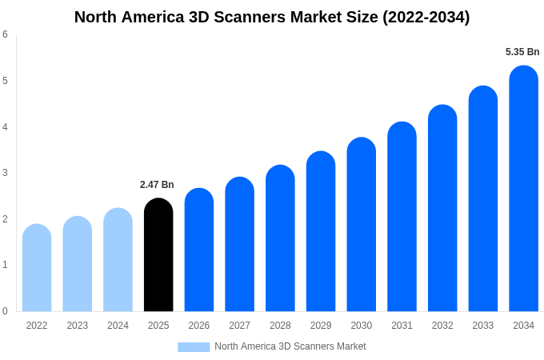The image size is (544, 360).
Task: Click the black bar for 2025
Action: tap(158, 256)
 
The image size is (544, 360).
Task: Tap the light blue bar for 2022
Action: tap(37, 269)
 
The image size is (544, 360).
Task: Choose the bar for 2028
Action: tap(280, 239)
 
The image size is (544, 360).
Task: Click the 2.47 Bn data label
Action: tap(157, 185)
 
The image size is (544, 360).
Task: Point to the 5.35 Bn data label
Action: tap(522, 52)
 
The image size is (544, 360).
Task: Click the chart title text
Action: tap(272, 17)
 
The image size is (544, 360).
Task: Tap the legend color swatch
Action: tap(194, 347)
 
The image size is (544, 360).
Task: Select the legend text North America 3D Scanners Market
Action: tap(290, 346)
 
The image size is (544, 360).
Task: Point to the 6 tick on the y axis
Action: tap(5, 34)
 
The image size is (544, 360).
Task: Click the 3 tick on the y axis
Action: tap(5, 173)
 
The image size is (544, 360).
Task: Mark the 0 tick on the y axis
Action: tap(5, 311)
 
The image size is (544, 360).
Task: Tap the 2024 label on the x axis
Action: tap(118, 326)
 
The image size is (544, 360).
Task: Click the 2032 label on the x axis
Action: tap(442, 326)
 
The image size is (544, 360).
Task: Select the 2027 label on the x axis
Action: tap(239, 326)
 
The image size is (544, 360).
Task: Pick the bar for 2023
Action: tap(78, 265)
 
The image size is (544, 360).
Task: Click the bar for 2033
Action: tap(483, 199)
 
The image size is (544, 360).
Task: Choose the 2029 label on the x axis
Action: tap(321, 326)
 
